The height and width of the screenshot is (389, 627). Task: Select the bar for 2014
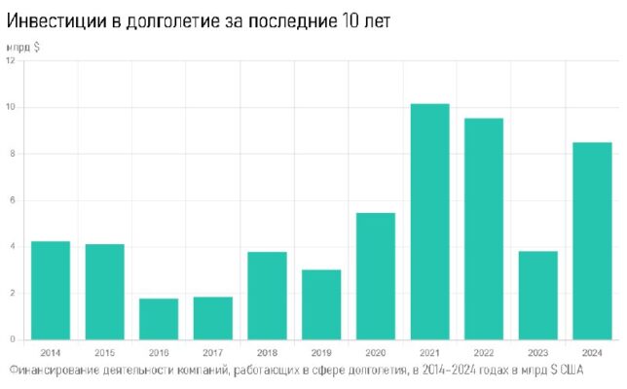click(51, 291)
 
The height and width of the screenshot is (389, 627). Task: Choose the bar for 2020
click(376, 276)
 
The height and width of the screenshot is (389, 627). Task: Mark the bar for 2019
click(321, 304)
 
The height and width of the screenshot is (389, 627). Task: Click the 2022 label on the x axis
click(484, 351)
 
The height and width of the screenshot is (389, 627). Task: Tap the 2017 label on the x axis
click(213, 351)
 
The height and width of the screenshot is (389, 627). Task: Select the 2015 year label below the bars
click(105, 351)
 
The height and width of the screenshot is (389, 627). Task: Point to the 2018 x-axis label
click(267, 351)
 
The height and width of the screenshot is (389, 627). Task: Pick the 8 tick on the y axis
click(11, 154)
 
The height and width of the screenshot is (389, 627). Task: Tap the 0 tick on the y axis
click(11, 339)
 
